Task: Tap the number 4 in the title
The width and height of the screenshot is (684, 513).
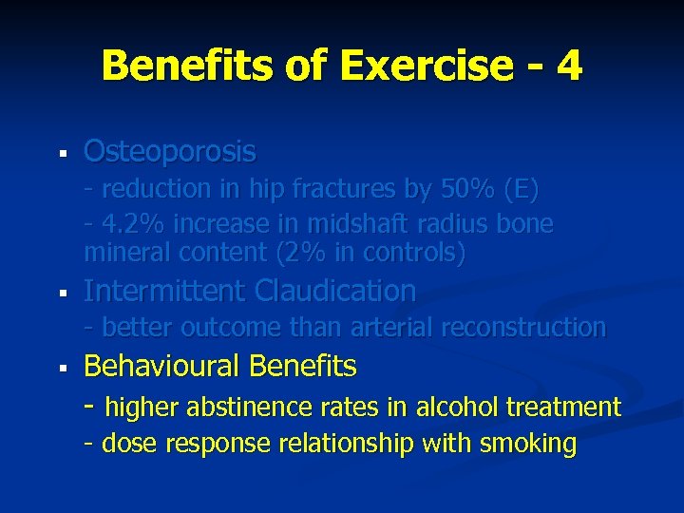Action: (570, 66)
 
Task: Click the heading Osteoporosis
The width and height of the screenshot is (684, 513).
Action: (170, 151)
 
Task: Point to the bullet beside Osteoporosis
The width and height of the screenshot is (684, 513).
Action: (61, 152)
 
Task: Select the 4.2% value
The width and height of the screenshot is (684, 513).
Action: (130, 225)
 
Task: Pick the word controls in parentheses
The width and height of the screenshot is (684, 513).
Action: (409, 254)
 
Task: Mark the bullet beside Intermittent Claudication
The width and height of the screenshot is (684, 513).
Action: (61, 292)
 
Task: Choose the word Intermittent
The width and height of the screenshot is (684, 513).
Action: (165, 291)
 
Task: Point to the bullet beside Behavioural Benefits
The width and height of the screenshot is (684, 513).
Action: (61, 367)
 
